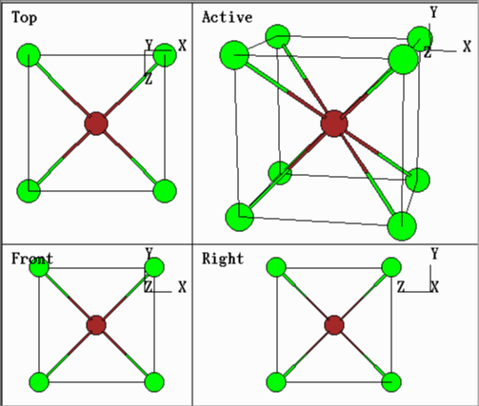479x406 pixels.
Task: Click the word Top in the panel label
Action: pyautogui.click(x=24, y=18)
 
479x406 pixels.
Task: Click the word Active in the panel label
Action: pyautogui.click(x=228, y=17)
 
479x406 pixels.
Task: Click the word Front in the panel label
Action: pyautogui.click(x=32, y=259)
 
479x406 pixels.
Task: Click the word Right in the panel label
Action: pyautogui.click(x=223, y=259)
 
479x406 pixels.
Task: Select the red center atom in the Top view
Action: pyautogui.click(x=96, y=124)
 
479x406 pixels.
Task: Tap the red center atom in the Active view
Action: pyautogui.click(x=334, y=124)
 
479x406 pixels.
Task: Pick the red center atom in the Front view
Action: pyautogui.click(x=96, y=325)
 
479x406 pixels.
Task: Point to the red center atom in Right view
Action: pyautogui.click(x=334, y=325)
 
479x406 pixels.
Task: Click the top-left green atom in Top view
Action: pyautogui.click(x=29, y=55)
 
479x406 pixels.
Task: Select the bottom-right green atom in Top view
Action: pyautogui.click(x=165, y=191)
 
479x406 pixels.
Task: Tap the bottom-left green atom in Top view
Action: pyautogui.click(x=29, y=191)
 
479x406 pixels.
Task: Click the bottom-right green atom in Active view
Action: pyautogui.click(x=402, y=226)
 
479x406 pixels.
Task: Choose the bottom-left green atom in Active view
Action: pyautogui.click(x=239, y=217)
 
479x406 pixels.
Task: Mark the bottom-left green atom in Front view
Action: pyautogui.click(x=39, y=382)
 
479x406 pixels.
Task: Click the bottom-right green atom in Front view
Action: pyautogui.click(x=154, y=382)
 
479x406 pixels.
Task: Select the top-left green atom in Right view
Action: pyautogui.click(x=276, y=267)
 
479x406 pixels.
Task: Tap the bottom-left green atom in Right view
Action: pyautogui.click(x=276, y=382)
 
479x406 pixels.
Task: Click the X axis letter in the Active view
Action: pyautogui.click(x=467, y=47)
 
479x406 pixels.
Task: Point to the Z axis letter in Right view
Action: pyautogui.click(x=401, y=287)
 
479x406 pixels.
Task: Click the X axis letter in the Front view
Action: pyautogui.click(x=182, y=287)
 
